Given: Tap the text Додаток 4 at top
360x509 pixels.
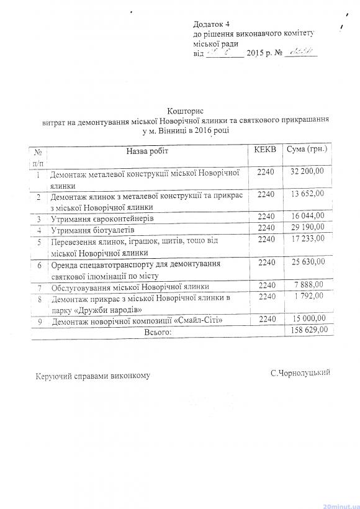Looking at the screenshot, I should [x=212, y=22].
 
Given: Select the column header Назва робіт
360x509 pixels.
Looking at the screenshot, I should [x=147, y=151].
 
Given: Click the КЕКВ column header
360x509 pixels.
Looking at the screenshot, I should [x=266, y=150].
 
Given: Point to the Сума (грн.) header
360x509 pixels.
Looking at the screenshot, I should [x=307, y=150].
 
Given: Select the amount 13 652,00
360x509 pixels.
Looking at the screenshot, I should [x=307, y=194].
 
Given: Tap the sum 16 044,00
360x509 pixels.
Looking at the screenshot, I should [x=307, y=217].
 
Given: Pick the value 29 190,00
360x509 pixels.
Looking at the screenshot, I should [x=307, y=228].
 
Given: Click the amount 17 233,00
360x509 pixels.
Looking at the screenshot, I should [x=307, y=239].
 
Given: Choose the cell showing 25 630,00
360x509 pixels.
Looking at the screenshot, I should [x=307, y=263].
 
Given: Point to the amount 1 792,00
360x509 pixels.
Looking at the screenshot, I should [x=312, y=296].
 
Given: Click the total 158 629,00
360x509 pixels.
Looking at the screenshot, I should [x=308, y=331].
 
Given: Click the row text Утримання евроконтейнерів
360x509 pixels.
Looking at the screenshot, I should [x=101, y=219].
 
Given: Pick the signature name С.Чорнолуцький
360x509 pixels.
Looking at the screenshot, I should [x=300, y=372].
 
